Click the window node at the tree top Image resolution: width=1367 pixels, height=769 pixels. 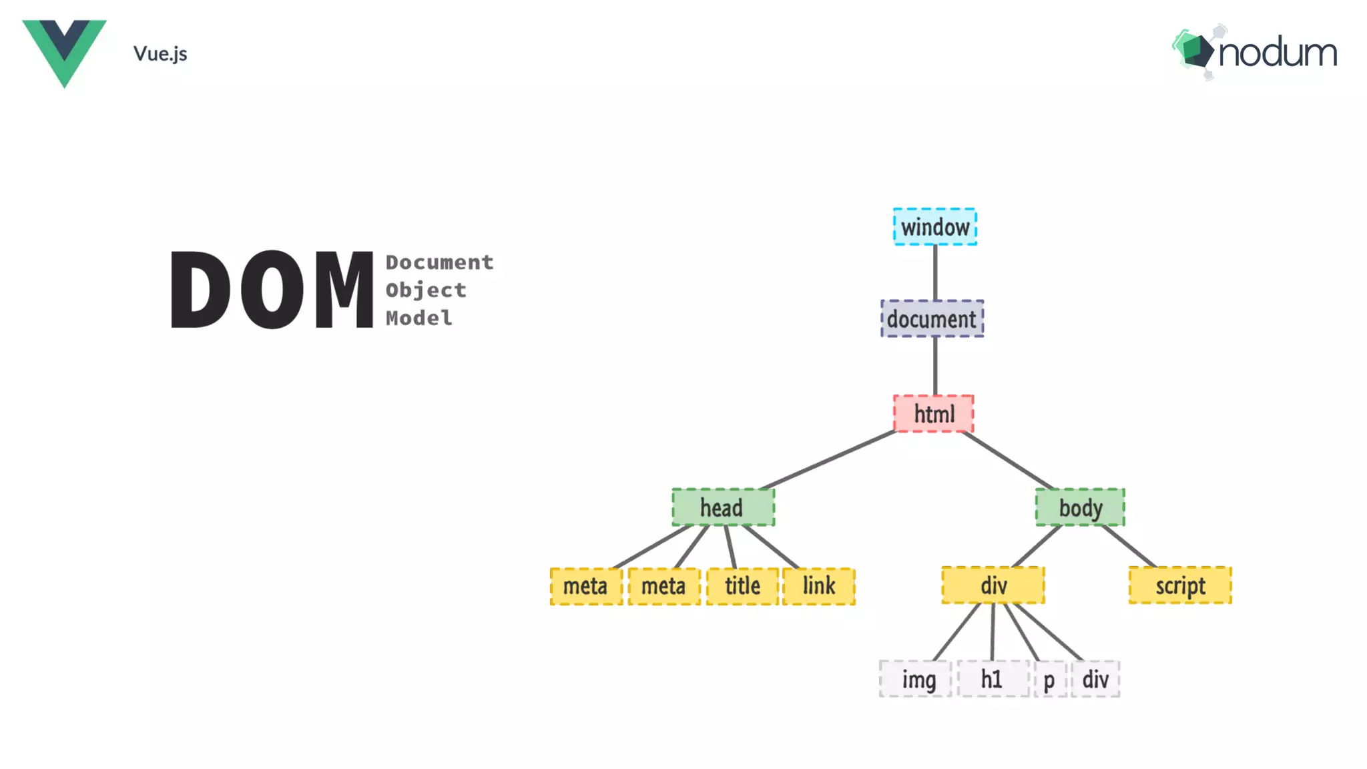point(934,227)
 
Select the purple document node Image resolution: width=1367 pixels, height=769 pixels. point(932,319)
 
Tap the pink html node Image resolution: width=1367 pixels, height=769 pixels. point(933,414)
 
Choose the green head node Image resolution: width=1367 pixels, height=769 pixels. point(723,507)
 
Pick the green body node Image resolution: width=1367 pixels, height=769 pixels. point(1079,507)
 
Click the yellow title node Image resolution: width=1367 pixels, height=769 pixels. point(742,586)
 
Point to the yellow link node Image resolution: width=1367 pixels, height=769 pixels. point(818,586)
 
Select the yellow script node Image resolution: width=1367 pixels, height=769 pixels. point(1180,585)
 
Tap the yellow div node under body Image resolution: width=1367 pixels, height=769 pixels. point(993,585)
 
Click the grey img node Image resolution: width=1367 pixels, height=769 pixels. point(916,680)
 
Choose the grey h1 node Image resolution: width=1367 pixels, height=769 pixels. point(993,680)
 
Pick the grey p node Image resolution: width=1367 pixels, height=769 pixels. point(1049,680)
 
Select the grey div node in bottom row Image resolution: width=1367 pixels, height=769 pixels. point(1095,680)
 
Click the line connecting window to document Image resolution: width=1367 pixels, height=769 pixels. point(934,272)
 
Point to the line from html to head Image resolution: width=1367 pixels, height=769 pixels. point(828,461)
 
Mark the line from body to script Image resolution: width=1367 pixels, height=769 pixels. point(1128,546)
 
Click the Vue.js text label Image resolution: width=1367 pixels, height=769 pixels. point(160,53)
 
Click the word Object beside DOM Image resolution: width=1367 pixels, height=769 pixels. point(426,290)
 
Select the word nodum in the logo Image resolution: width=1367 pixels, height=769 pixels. point(1278,53)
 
